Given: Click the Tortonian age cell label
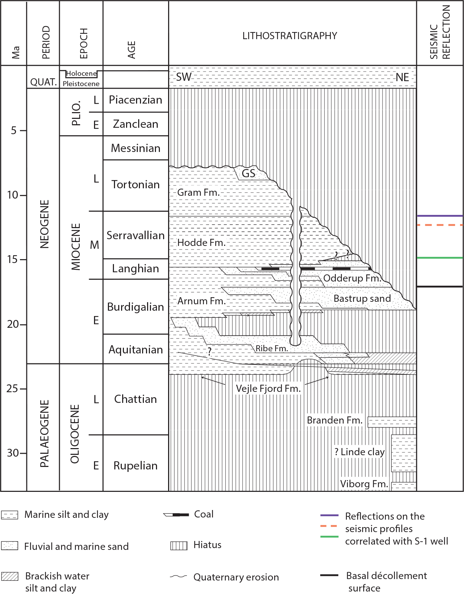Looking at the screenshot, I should [x=135, y=184].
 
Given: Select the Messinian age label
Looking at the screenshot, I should [x=136, y=148].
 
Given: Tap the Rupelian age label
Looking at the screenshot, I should [x=135, y=466].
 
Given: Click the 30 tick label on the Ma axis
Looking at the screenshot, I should [x=13, y=453].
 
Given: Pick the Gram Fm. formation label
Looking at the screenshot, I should [x=198, y=193].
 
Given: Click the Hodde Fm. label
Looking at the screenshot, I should [x=201, y=243].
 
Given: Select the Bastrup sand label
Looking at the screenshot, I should [x=362, y=299].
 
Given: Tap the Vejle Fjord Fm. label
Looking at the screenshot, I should [x=268, y=388].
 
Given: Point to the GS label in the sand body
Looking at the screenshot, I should [x=249, y=174].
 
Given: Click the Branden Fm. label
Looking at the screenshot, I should [x=334, y=420].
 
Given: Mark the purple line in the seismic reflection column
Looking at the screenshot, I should [x=440, y=216].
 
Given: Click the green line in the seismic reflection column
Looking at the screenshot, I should [x=440, y=258].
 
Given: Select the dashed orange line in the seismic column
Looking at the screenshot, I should [x=440, y=225].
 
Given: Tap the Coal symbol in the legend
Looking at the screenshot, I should [x=176, y=515].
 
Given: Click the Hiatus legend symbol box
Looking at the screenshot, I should [x=179, y=546].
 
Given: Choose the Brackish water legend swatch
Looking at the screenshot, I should [x=10, y=576].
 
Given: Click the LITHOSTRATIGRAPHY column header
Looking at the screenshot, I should [x=290, y=36].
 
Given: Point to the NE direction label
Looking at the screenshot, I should [x=402, y=77].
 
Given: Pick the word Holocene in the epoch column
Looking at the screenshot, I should [x=81, y=74].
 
